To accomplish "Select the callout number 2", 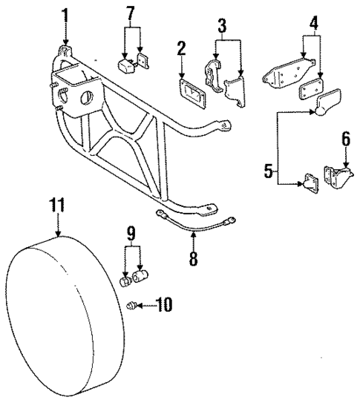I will click(x=181, y=50).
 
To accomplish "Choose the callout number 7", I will click(x=131, y=13).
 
